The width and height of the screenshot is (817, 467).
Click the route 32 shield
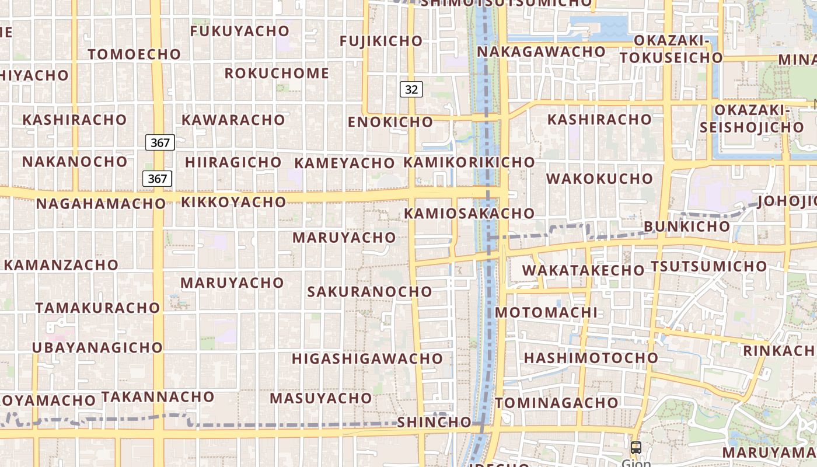[411, 89]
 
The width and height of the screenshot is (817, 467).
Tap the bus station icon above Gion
[636, 448]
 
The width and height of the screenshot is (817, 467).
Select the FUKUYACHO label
[240, 31]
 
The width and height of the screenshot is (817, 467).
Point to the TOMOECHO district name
[134, 54]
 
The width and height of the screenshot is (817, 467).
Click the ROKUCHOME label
[277, 74]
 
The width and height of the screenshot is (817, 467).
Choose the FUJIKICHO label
[380, 41]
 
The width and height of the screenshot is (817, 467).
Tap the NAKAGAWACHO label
[541, 52]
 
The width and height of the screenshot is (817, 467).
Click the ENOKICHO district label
[390, 122]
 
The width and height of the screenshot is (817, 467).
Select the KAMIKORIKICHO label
[469, 162]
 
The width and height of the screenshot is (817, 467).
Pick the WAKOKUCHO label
[599, 179]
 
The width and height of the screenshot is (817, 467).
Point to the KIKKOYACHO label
[233, 202]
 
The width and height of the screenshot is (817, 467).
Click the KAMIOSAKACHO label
[469, 214]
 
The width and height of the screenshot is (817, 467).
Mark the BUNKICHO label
[686, 226]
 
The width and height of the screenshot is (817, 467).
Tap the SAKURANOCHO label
[369, 291]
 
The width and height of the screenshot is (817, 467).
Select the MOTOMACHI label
[546, 312]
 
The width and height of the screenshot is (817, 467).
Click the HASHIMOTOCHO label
[591, 358]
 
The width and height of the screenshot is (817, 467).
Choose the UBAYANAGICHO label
[97, 347]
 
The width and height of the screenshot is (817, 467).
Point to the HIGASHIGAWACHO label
[367, 358]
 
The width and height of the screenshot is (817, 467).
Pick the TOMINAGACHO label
[556, 403]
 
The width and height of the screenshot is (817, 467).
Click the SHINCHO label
[434, 422]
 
